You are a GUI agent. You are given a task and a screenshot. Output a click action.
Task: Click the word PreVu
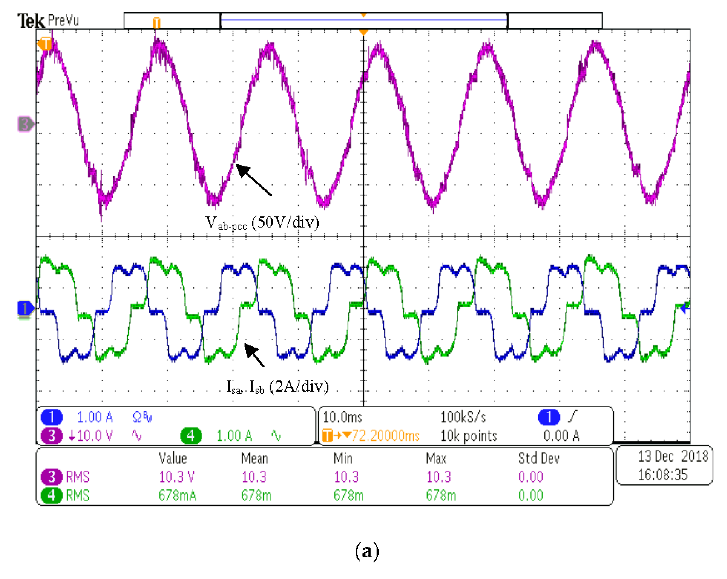[x=63, y=21]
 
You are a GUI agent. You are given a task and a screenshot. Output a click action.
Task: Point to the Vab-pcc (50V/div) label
[x=262, y=223]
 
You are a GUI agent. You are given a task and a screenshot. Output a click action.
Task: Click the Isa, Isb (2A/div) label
[x=277, y=386]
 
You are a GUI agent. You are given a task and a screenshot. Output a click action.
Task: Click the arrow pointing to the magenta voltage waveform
[x=254, y=180]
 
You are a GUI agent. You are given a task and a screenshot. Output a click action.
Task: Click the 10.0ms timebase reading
[x=342, y=417]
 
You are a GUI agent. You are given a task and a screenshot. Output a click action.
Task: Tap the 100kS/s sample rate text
[x=463, y=417]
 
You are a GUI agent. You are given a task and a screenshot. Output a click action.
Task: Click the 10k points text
[x=469, y=436]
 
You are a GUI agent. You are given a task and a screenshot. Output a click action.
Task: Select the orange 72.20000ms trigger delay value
[x=385, y=436]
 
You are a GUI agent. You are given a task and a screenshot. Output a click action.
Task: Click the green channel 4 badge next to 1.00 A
[x=191, y=436]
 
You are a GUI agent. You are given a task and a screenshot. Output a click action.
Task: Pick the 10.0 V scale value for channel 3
[x=94, y=436]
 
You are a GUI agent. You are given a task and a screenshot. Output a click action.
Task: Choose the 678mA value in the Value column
[x=177, y=495]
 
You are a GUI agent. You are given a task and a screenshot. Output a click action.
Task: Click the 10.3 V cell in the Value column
[x=177, y=477]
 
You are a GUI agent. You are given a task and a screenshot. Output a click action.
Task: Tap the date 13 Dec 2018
[x=673, y=457]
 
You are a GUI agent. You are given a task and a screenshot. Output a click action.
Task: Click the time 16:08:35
[x=662, y=475]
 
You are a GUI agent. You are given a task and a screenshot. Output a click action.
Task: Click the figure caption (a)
[x=367, y=552]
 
